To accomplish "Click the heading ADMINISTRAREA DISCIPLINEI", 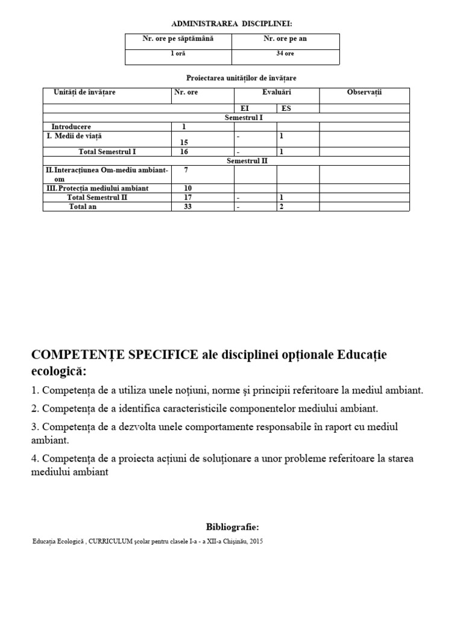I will pyautogui.click(x=231, y=23).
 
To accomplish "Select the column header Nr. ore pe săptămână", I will pyautogui.click(x=178, y=39).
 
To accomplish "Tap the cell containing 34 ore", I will pyautogui.click(x=285, y=54).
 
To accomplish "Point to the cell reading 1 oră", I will pyautogui.click(x=178, y=54).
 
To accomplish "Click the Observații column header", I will pyautogui.click(x=364, y=92).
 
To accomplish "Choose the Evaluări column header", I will pyautogui.click(x=277, y=92).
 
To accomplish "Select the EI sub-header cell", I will pyautogui.click(x=245, y=108).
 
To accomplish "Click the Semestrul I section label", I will pyautogui.click(x=243, y=117).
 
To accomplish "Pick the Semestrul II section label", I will pyautogui.click(x=247, y=161).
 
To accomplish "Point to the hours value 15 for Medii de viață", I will pyautogui.click(x=184, y=142).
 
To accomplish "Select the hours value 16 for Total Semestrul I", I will pyautogui.click(x=184, y=152).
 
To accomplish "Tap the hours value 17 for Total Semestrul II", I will pyautogui.click(x=184, y=197).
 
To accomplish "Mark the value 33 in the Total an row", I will pyautogui.click(x=184, y=207).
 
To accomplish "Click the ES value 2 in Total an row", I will pyautogui.click(x=282, y=207).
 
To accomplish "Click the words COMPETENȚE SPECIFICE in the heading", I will pyautogui.click(x=115, y=354).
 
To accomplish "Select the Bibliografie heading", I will pyautogui.click(x=232, y=527).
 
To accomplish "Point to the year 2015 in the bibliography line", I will pyautogui.click(x=256, y=541).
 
